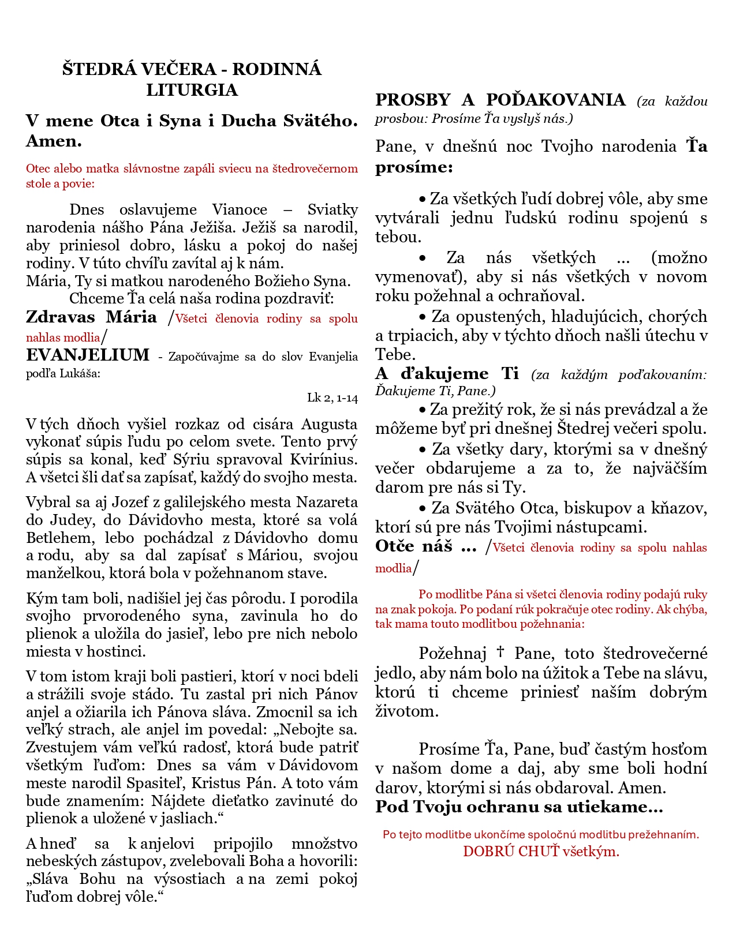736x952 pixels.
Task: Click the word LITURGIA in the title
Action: pos(192,90)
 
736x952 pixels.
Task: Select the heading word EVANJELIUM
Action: pos(88,355)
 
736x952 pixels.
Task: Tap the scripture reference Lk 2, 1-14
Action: pos(332,398)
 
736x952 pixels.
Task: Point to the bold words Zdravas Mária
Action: pos(91,317)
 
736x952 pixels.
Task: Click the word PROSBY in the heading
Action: pos(412,100)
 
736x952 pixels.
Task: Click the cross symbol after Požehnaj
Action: pos(500,652)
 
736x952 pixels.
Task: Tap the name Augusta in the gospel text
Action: pos(329,424)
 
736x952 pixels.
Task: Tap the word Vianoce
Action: pos(240,209)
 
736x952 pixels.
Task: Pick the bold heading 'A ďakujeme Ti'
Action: pos(447,373)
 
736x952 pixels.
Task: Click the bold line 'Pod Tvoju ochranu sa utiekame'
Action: pos(518,807)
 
